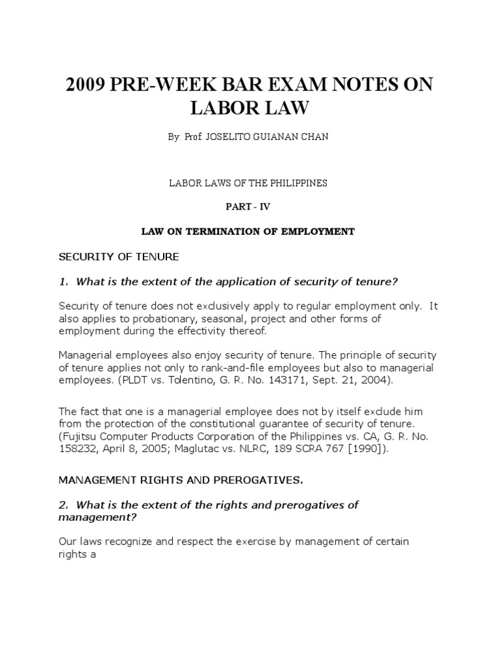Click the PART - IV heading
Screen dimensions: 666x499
coord(249,207)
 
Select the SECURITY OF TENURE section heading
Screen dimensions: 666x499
coord(118,257)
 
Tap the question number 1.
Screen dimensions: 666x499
coord(62,281)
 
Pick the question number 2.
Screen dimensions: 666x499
coord(62,505)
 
